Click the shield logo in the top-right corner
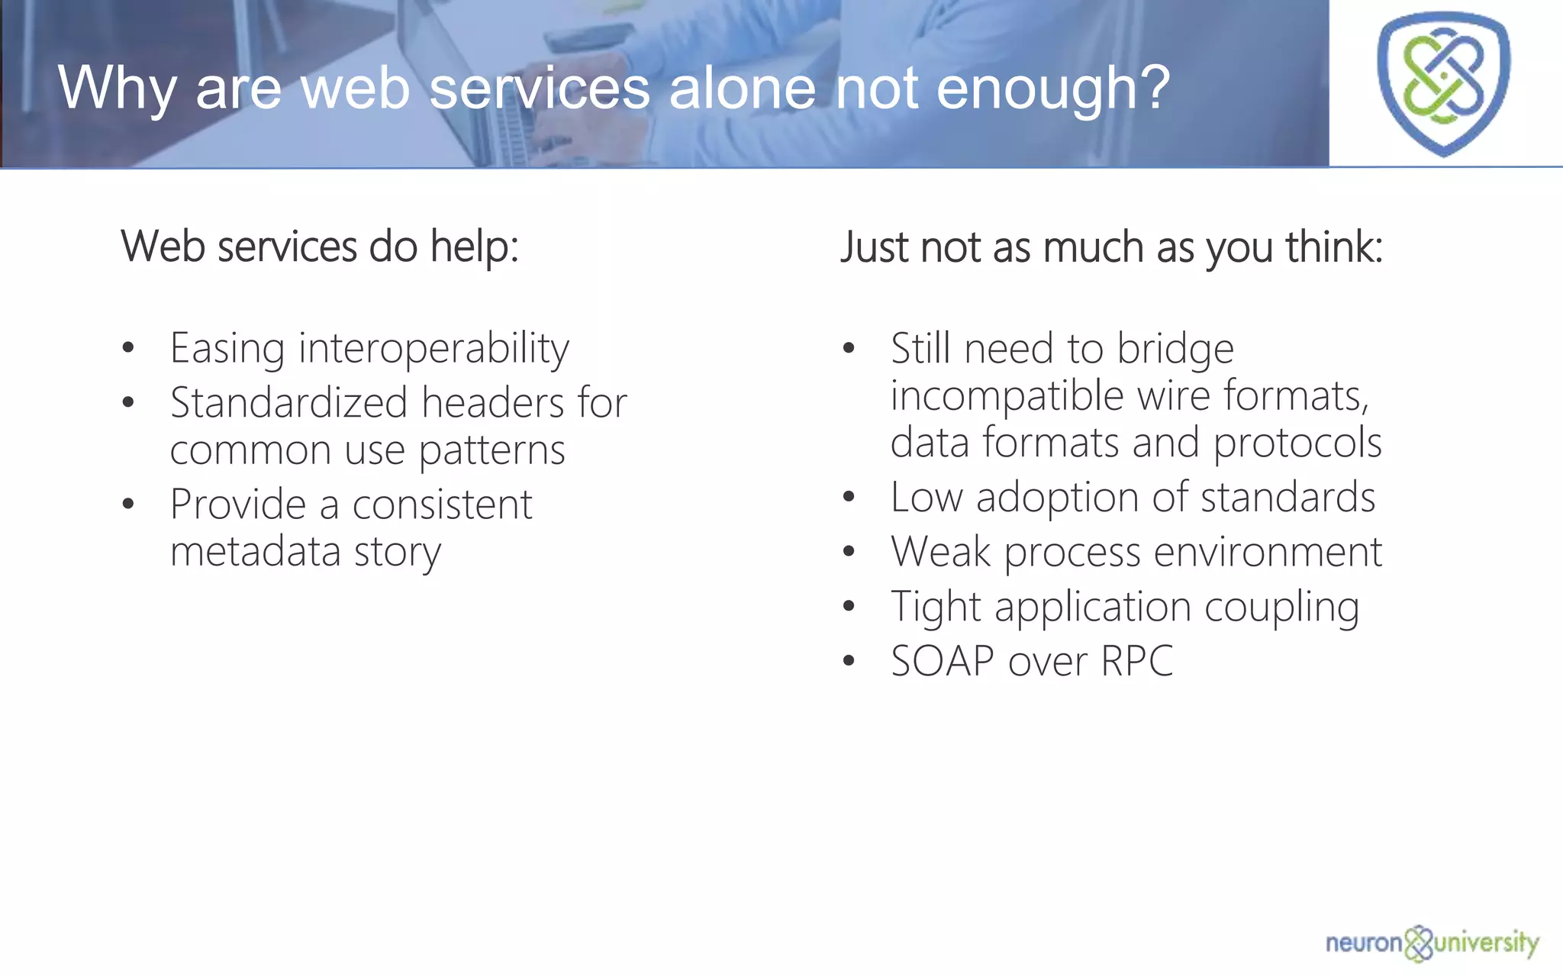[1443, 83]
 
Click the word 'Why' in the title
[117, 89]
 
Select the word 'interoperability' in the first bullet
[433, 350]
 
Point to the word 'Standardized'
[289, 403]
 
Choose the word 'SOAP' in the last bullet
[943, 661]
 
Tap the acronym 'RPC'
[1137, 661]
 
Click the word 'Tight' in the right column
[936, 608]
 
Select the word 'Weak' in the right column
[940, 552]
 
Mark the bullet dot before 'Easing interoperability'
[128, 349]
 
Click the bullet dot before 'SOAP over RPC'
[849, 661]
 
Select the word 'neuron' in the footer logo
[1364, 943]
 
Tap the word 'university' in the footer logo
[1487, 943]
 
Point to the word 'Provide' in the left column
[238, 505]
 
